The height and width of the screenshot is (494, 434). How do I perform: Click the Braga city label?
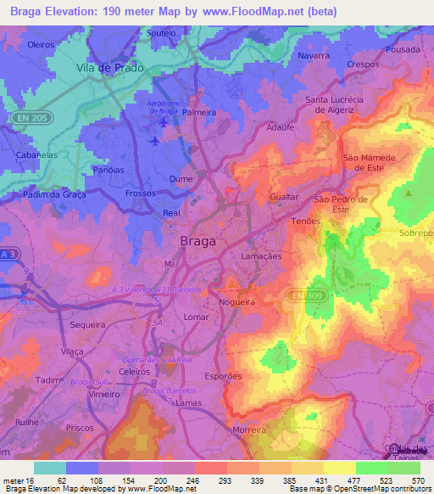pos(198,241)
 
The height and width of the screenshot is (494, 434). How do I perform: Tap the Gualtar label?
pos(283,196)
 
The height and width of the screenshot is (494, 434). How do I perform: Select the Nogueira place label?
pos(236,301)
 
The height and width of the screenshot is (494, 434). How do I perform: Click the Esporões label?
pos(224,375)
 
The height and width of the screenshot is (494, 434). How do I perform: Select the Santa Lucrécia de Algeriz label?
pos(334,104)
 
